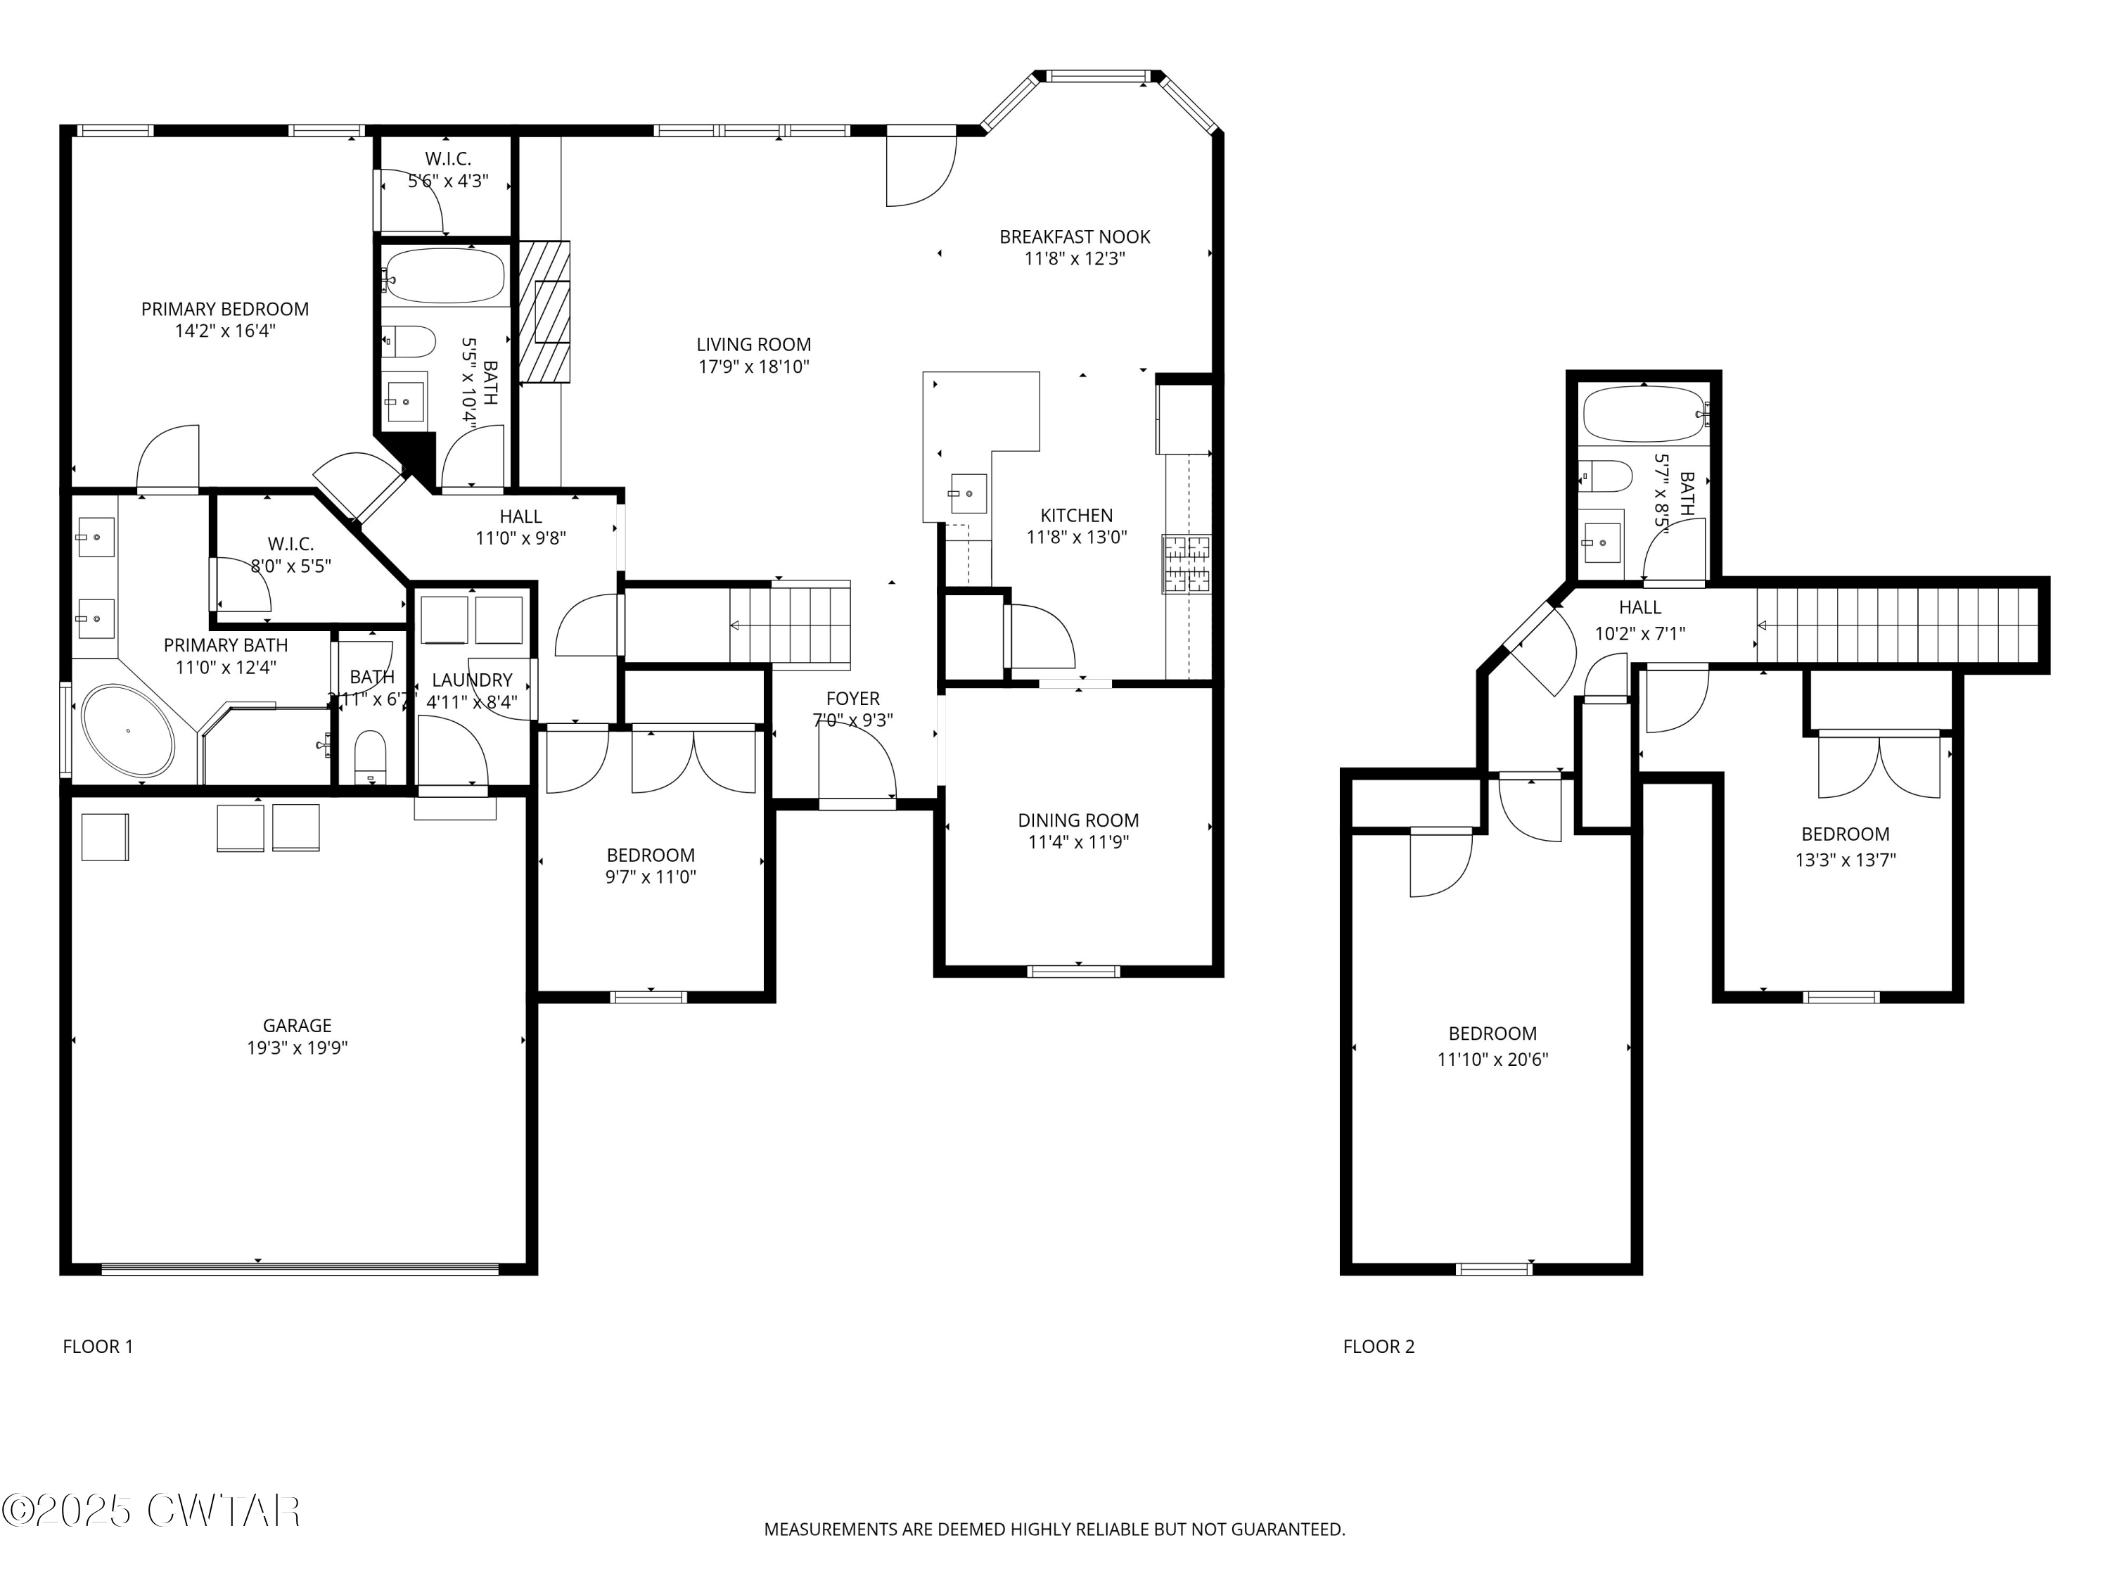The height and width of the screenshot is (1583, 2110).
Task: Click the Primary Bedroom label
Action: (x=225, y=309)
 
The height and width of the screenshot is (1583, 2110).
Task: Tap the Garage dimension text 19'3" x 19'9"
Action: (x=297, y=1048)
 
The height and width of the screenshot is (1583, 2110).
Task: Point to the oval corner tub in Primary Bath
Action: (x=128, y=730)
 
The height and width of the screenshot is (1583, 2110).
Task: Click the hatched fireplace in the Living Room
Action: (x=544, y=311)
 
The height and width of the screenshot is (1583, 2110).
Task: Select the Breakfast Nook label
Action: (x=1074, y=236)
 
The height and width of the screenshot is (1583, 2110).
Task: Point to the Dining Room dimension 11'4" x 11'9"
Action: (x=1078, y=841)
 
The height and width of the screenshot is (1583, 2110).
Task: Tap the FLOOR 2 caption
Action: (x=1379, y=1347)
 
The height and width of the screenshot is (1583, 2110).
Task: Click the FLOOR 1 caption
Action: (x=97, y=1347)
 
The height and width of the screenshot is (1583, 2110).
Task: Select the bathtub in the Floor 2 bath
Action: (x=1642, y=413)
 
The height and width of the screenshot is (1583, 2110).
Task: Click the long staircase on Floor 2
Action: (x=1898, y=625)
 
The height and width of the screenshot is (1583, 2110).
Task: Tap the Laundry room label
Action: (x=472, y=680)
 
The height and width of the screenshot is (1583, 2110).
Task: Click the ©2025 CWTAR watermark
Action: (x=152, y=1511)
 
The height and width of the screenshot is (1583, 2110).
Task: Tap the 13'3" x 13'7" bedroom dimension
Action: (x=1845, y=860)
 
